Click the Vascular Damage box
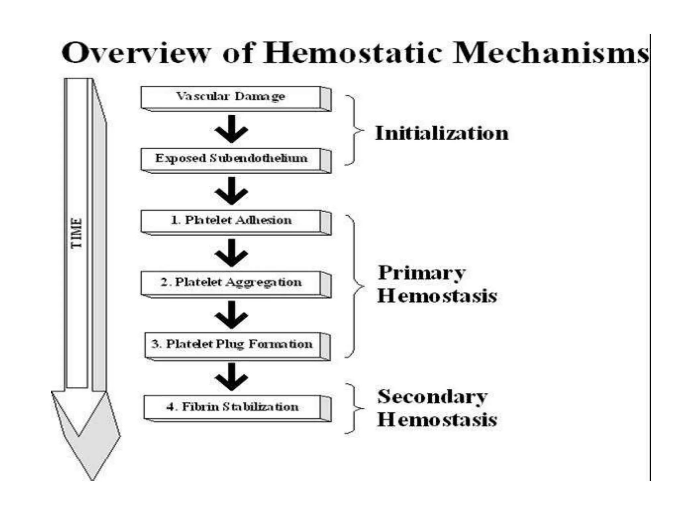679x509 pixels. tap(231, 97)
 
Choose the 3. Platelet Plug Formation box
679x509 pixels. tap(232, 344)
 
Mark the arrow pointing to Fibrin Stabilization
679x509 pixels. tap(231, 377)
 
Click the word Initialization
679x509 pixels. tap(442, 133)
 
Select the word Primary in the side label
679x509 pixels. tap(422, 273)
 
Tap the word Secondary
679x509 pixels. tap(432, 397)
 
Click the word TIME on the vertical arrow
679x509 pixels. tap(76, 233)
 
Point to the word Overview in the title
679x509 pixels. tap(136, 53)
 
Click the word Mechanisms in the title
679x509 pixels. tap(550, 53)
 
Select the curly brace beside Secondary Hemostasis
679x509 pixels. tap(354, 408)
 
